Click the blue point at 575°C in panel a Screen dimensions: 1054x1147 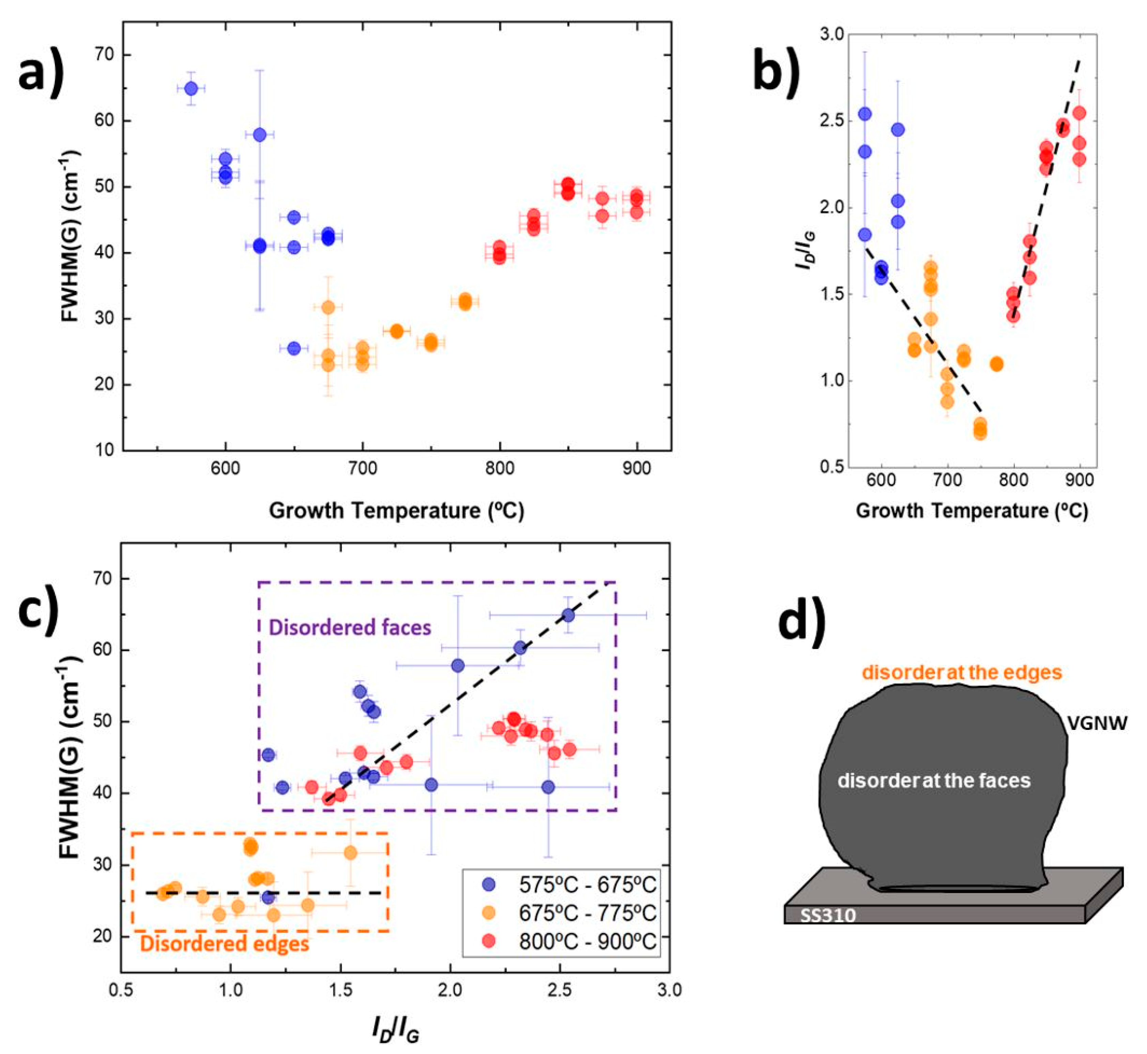point(191,88)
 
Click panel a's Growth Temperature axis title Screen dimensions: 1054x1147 point(396,510)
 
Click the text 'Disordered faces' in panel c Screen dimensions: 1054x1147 point(350,627)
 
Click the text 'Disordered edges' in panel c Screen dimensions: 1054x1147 point(224,944)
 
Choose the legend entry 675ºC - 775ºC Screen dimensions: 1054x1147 point(587,913)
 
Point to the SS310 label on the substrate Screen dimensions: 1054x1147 point(828,915)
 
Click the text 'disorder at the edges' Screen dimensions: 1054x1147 point(962,672)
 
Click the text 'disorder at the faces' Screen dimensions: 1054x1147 point(934,780)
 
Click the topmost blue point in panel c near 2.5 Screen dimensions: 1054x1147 point(568,615)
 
